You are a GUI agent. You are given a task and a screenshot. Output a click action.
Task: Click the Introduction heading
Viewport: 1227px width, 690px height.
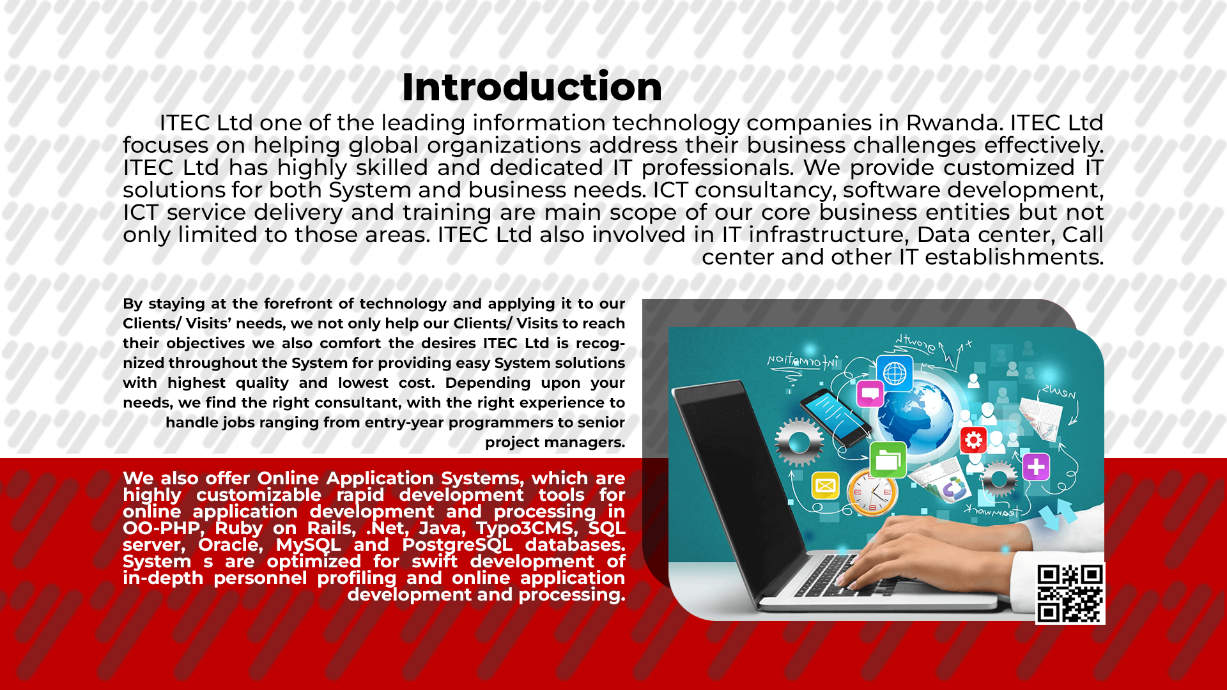click(x=532, y=87)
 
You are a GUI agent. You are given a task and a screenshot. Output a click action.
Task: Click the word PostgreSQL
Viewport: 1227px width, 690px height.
click(x=457, y=545)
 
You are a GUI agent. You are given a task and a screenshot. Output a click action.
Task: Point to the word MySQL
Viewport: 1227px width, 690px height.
click(x=308, y=545)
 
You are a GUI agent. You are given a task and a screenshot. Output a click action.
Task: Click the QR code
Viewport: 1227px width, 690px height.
click(x=1070, y=594)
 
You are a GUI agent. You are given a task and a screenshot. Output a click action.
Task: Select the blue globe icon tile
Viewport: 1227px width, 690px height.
click(x=895, y=373)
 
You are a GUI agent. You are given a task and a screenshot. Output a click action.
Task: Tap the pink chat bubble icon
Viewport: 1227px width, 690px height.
click(x=870, y=394)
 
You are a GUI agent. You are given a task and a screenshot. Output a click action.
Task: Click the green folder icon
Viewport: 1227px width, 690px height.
click(x=888, y=459)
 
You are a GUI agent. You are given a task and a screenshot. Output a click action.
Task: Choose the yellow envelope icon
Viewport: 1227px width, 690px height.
click(x=825, y=486)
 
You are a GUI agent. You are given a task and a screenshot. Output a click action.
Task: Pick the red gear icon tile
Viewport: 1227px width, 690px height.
click(x=973, y=440)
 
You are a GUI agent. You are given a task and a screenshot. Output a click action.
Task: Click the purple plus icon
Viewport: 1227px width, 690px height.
click(x=1036, y=466)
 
